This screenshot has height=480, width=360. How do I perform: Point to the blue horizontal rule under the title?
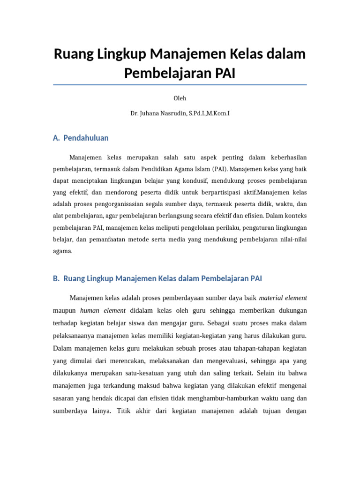point(180,85)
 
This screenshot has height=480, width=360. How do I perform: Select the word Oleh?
point(180,98)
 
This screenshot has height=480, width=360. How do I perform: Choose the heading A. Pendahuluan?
point(81,138)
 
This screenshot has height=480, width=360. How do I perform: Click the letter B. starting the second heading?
point(56,278)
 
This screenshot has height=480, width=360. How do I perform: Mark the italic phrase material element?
point(283,298)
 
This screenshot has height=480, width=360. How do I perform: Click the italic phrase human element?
point(103,310)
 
